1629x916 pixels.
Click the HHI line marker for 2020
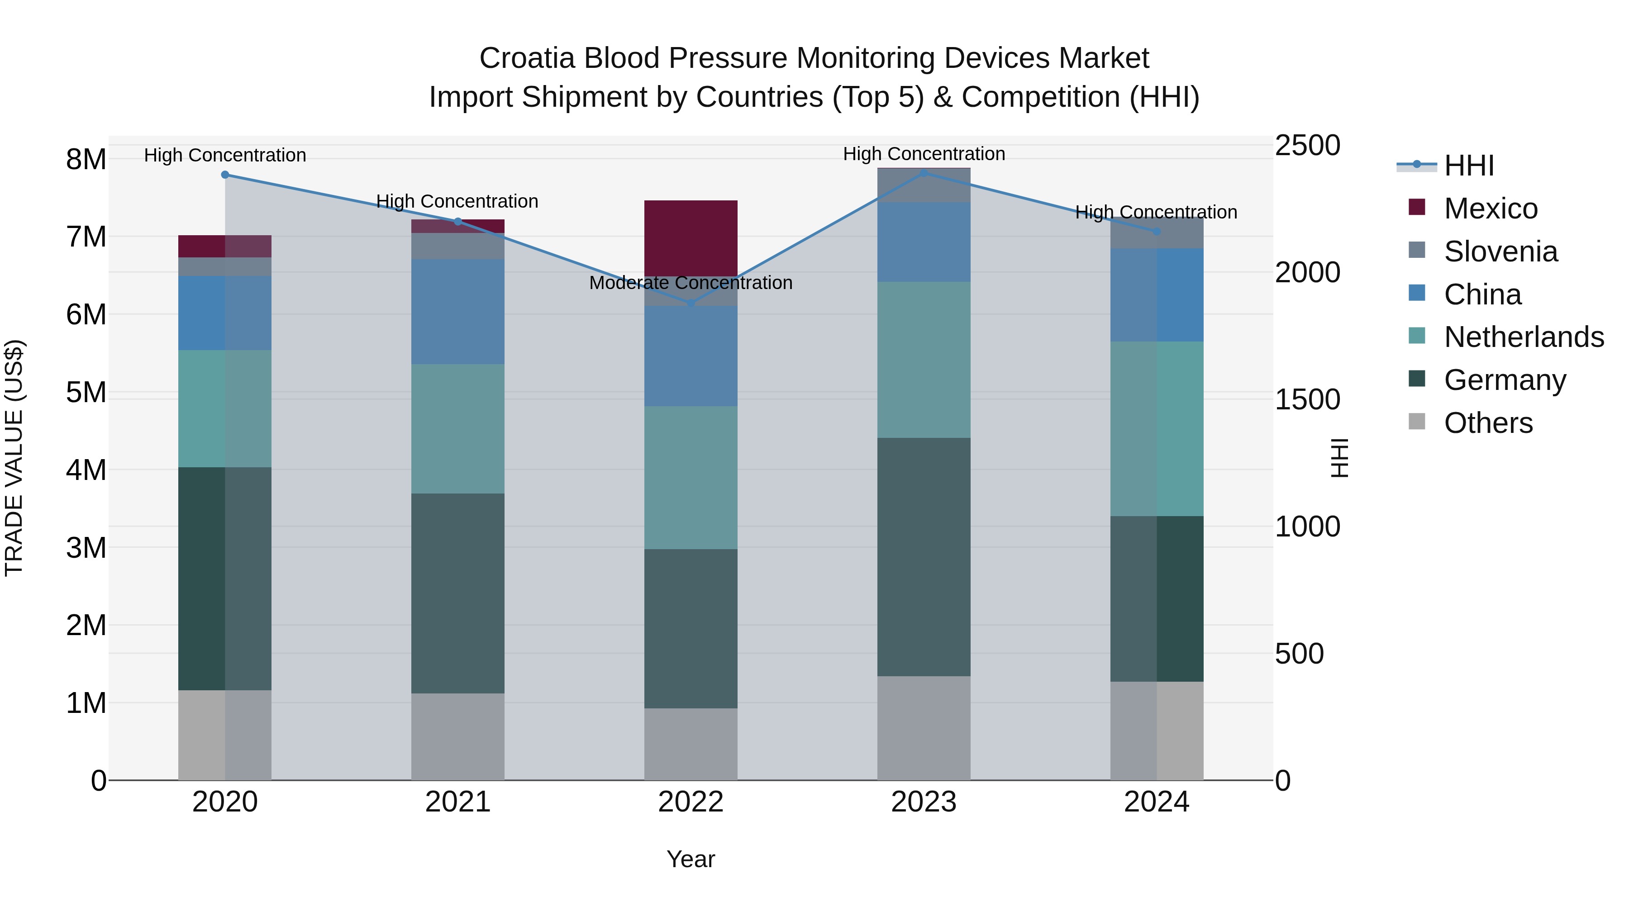225,175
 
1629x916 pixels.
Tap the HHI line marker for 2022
691,304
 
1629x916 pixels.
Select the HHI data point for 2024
1157,231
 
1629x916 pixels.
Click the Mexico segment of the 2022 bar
691,237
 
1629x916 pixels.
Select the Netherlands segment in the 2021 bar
458,429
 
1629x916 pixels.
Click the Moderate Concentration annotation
691,283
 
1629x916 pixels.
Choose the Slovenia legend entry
1500,252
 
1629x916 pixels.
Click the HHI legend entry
1468,166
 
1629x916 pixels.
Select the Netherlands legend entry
1523,337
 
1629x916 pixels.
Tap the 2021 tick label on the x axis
458,802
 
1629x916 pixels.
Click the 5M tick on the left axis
86,393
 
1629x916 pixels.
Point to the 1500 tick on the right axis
1306,399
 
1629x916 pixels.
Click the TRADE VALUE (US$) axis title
14,458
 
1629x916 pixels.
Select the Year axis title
691,859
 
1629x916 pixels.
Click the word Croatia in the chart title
527,58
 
